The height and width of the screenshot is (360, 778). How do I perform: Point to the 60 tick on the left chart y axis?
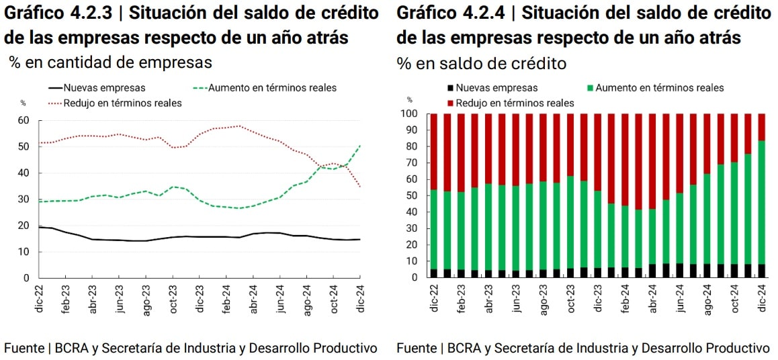24,120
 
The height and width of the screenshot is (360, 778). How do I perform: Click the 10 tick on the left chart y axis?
24,251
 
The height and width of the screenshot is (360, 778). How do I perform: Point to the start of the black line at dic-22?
40,227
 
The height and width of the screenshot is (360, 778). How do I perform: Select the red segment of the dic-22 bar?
434,151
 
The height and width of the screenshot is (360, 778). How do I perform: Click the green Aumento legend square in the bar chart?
590,88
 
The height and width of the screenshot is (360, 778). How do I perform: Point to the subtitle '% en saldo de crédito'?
481,64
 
